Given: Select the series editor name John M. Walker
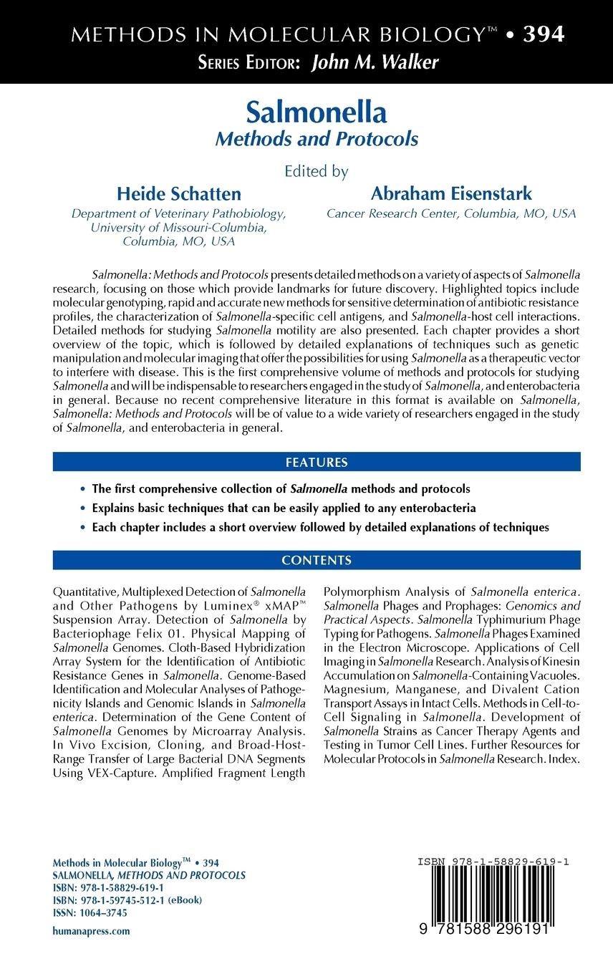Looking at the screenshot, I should [x=375, y=63].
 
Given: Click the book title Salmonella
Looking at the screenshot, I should [x=317, y=112].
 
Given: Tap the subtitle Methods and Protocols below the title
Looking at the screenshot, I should [x=317, y=139].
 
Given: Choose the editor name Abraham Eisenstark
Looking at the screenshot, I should [x=451, y=194].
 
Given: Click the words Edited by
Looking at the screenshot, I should [x=317, y=171].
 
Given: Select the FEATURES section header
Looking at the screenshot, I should [x=317, y=463].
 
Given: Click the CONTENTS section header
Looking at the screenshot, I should [x=317, y=560].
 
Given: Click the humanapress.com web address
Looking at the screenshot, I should [x=92, y=931].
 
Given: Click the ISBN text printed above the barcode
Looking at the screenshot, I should [x=493, y=862].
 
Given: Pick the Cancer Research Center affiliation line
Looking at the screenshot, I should [x=451, y=213].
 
